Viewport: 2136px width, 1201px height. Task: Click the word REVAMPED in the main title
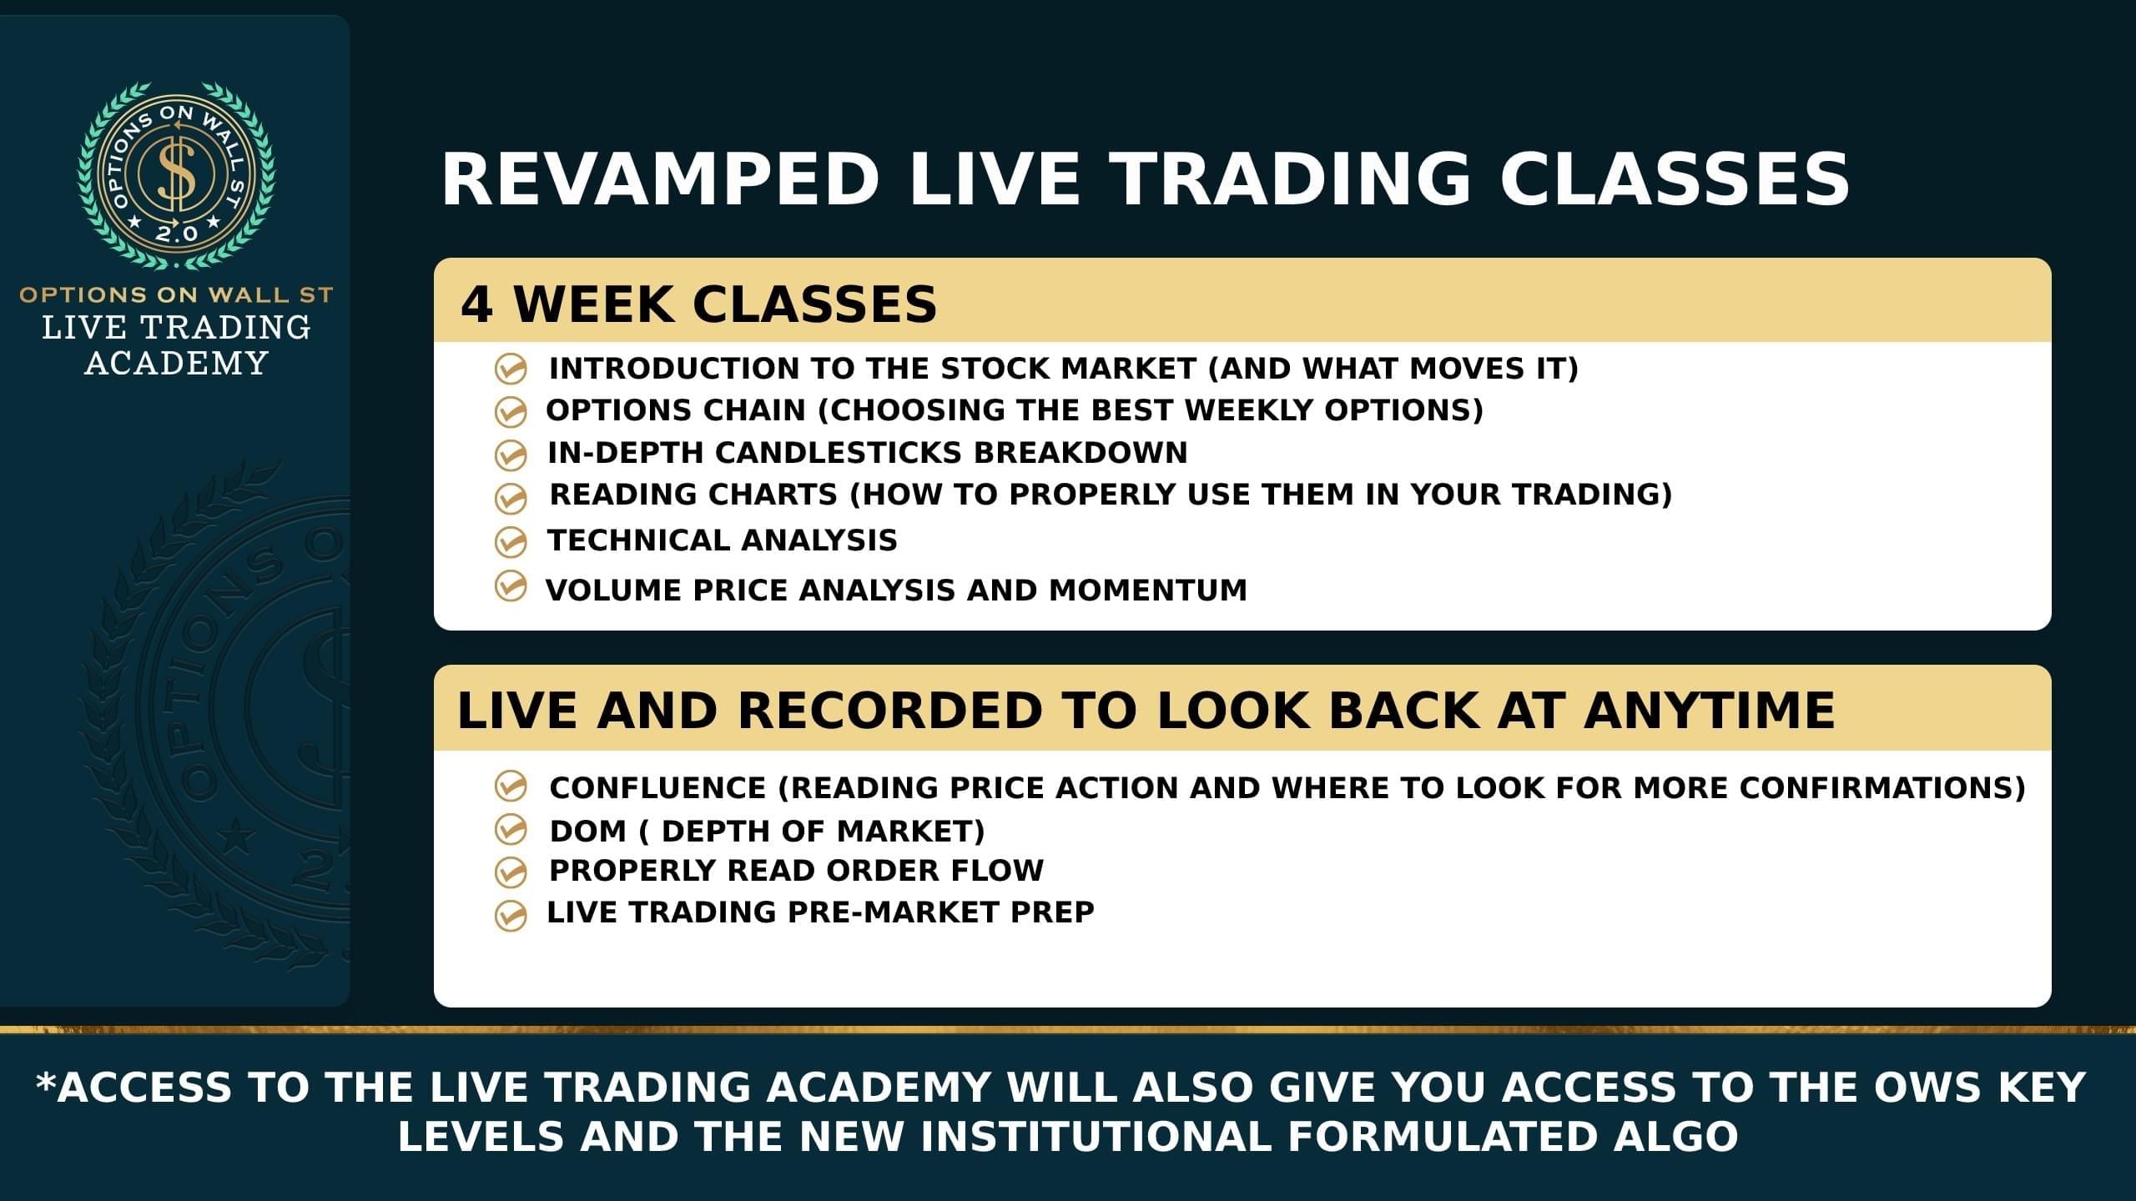660,179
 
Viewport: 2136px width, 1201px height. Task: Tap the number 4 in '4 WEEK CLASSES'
476,304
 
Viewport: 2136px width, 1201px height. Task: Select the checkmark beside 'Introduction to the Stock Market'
511,369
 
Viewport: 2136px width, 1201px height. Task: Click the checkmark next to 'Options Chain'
511,411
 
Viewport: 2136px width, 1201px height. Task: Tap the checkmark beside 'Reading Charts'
511,498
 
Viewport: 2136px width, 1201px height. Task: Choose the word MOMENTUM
1148,590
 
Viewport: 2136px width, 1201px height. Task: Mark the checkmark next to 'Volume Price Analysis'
511,585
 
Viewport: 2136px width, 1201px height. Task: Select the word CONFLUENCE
657,788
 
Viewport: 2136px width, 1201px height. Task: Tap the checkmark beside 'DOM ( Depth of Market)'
511,830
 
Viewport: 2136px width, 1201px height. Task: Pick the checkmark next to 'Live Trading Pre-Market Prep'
511,914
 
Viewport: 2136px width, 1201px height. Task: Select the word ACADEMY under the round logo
176,364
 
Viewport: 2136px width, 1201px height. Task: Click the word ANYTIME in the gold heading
1710,711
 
